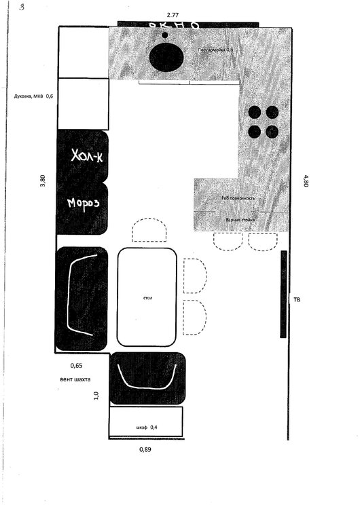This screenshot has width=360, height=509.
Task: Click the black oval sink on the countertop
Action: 166,57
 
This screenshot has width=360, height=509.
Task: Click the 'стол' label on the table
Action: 147,297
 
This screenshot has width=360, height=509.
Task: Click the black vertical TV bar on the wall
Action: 283,294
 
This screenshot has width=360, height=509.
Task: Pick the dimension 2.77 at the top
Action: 177,14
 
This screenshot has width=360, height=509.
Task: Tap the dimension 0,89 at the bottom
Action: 145,449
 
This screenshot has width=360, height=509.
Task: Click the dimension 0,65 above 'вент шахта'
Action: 76,366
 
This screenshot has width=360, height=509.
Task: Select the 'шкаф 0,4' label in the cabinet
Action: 146,427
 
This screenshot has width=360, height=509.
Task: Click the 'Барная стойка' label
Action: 240,221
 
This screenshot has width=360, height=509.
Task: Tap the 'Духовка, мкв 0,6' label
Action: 33,96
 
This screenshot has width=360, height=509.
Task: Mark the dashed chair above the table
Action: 149,231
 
